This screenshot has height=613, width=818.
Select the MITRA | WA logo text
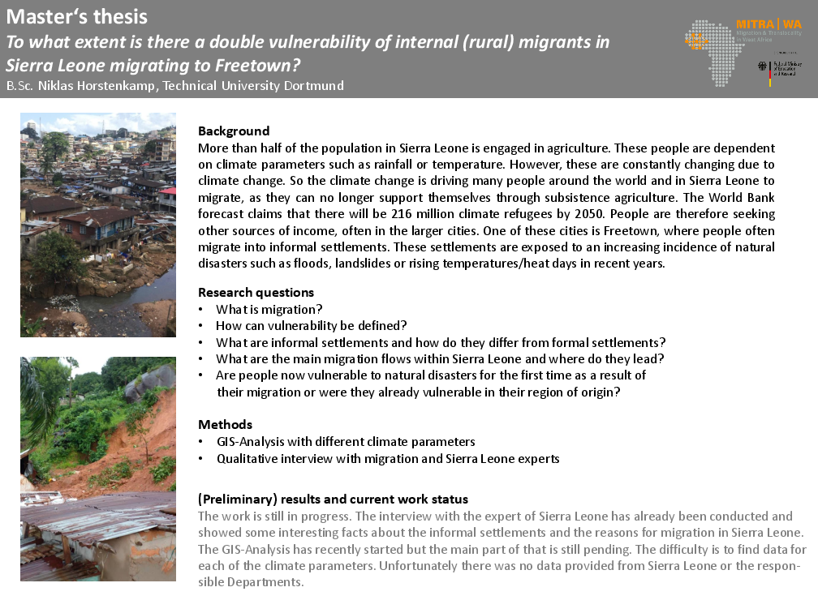(768, 25)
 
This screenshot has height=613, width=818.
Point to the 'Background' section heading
(234, 131)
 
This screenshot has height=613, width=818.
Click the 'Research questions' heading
(256, 292)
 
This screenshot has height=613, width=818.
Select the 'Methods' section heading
(225, 424)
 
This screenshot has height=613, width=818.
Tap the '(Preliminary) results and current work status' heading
(333, 499)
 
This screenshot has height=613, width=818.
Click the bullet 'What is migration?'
(269, 309)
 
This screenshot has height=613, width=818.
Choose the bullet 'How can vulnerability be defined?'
(311, 325)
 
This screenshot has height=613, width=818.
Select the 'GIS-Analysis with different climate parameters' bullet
(346, 441)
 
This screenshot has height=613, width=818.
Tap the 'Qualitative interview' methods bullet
(388, 458)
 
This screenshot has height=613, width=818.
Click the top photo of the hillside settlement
(98, 225)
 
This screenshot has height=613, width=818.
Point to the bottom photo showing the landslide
(98, 469)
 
